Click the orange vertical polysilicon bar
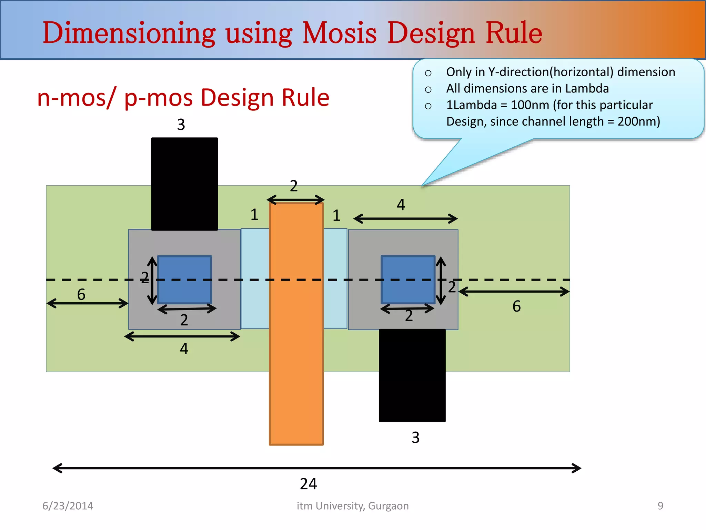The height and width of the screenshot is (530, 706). pyautogui.click(x=296, y=345)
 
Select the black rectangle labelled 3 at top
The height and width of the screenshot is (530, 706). pyautogui.click(x=184, y=184)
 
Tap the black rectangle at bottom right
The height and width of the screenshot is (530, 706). pyautogui.click(x=412, y=375)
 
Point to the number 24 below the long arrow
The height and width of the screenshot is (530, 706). pyautogui.click(x=308, y=484)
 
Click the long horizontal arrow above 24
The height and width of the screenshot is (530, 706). pyautogui.click(x=316, y=468)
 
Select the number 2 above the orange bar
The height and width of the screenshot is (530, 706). pyautogui.click(x=294, y=186)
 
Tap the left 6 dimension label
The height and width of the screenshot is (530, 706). pyautogui.click(x=81, y=294)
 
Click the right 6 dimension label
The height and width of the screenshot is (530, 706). pyautogui.click(x=516, y=306)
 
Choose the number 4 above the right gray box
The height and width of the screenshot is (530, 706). pyautogui.click(x=401, y=205)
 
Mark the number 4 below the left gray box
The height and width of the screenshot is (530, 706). pyautogui.click(x=184, y=349)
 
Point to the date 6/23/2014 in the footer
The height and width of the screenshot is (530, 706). pyautogui.click(x=68, y=506)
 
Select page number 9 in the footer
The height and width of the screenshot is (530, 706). pyautogui.click(x=660, y=506)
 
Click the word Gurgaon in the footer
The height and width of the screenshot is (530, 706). pyautogui.click(x=388, y=506)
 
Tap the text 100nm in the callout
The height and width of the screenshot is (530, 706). pyautogui.click(x=530, y=105)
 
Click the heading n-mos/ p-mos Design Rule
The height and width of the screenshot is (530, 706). pyautogui.click(x=183, y=97)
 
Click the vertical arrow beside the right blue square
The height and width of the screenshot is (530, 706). pyautogui.click(x=441, y=281)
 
